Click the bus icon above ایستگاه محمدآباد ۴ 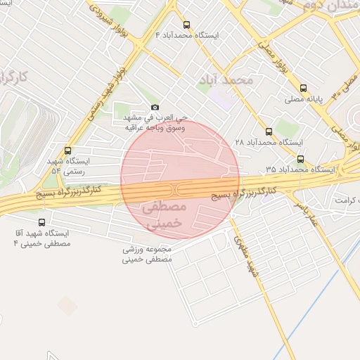click(x=186, y=25)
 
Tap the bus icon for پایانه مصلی click(x=303, y=89)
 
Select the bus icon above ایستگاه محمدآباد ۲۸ click(x=269, y=131)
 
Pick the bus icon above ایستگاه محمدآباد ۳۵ click(x=301, y=159)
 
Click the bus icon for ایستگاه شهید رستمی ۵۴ click(x=67, y=150)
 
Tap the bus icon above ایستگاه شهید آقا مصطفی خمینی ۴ click(x=42, y=222)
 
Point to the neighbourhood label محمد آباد click(x=226, y=79)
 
